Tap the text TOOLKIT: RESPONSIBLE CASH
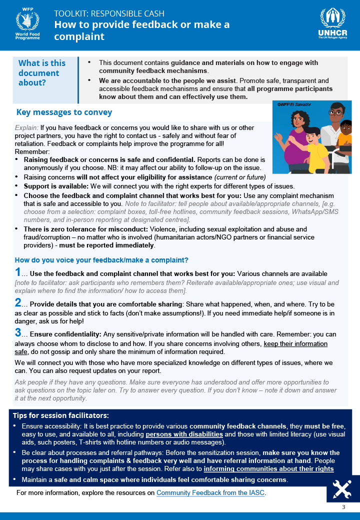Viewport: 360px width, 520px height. point(116,13)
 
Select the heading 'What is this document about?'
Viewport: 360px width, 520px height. point(42,73)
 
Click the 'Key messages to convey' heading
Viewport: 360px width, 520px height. point(64,112)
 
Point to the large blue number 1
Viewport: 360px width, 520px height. point(18,272)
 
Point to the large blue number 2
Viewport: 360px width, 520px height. point(18,303)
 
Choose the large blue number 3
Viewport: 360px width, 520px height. point(18,333)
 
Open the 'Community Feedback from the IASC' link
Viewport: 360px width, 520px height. point(210,493)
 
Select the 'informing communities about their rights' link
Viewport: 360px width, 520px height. point(268,469)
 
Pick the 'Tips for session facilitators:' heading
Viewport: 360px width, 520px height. point(60,415)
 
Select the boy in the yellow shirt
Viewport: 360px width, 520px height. point(313,150)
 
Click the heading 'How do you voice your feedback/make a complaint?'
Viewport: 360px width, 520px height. point(101,260)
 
